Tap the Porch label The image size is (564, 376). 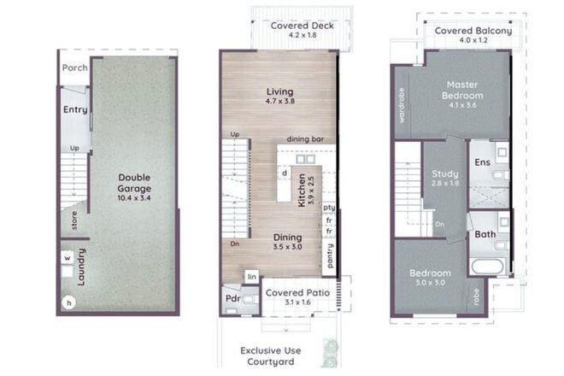(75, 68)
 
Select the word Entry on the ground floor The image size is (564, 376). (75, 110)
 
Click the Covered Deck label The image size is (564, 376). (303, 26)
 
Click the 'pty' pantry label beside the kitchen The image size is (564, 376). (328, 207)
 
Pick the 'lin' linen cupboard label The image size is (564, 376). (251, 277)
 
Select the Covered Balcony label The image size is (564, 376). (473, 31)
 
